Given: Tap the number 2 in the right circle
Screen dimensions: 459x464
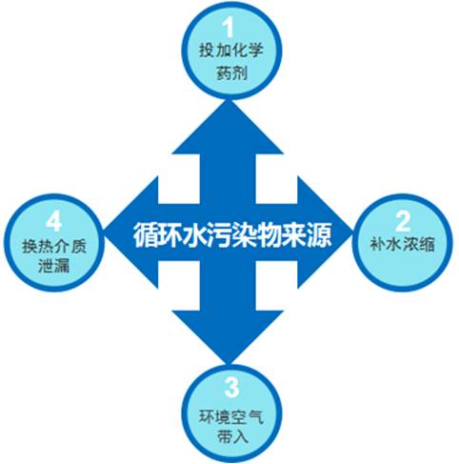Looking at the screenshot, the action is [x=403, y=221].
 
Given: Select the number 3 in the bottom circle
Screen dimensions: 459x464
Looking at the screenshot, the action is [x=231, y=387].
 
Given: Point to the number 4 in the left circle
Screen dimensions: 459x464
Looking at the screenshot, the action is [x=53, y=222].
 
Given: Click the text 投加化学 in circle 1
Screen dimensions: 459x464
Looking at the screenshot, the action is [x=231, y=50].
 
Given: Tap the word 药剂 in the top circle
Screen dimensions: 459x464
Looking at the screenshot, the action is [x=231, y=73].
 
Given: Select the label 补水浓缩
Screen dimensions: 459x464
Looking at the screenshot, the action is [x=403, y=245].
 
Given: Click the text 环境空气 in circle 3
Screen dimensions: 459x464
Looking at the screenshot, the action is [x=231, y=416].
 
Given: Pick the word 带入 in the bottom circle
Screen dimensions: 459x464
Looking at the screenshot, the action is [x=231, y=437].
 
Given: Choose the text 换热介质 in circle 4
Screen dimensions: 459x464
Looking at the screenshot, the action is [x=54, y=246].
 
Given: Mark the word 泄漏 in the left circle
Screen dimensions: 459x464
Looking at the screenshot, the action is [x=53, y=266].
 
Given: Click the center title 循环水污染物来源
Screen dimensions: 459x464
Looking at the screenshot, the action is [x=232, y=235].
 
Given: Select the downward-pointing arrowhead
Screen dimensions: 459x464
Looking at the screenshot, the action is [x=228, y=337].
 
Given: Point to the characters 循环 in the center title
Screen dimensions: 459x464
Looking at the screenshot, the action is [x=157, y=235].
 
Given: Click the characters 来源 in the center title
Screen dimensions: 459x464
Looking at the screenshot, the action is [x=307, y=235].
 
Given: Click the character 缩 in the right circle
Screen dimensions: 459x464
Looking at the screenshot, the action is [x=428, y=245].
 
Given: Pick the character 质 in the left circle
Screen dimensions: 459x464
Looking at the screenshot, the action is [x=79, y=246].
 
